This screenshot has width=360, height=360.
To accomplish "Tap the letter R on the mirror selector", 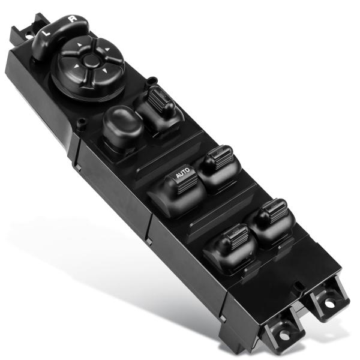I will tap(72, 20).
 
